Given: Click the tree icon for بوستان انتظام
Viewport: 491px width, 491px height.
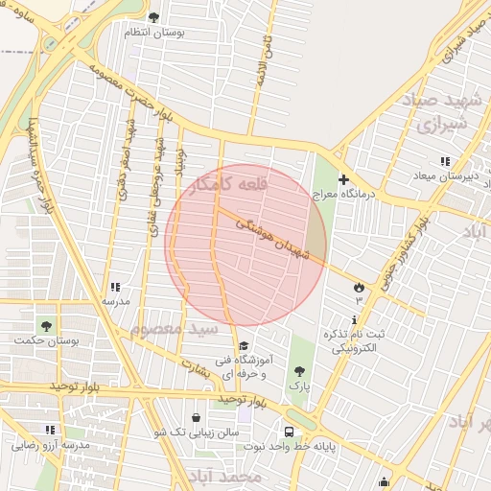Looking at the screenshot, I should point(154,16).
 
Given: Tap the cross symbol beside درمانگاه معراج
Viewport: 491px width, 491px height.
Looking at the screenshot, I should point(344,179).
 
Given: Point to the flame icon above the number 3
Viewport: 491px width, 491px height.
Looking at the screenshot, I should point(360,287).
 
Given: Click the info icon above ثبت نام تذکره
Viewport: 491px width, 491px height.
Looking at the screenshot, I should point(356,319).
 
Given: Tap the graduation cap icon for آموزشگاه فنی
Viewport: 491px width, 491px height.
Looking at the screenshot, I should point(244,346).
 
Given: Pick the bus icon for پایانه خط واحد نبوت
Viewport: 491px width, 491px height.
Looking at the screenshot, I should point(289,432).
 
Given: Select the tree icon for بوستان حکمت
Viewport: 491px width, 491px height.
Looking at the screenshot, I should point(46,326).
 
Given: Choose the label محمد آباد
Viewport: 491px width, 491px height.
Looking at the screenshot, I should point(226,477).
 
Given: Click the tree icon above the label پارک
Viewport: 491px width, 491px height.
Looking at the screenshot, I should point(300,371).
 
